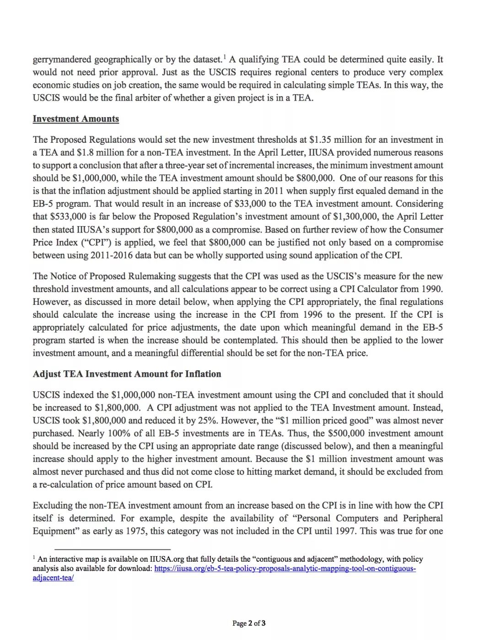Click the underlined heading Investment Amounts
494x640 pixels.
pyautogui.click(x=75, y=119)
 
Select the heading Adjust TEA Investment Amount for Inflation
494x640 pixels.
pyautogui.click(x=127, y=374)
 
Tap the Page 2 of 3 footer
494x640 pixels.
pyautogui.click(x=249, y=623)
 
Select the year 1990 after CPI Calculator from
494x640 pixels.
pyautogui.click(x=432, y=289)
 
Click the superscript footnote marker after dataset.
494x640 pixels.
pyautogui.click(x=224, y=57)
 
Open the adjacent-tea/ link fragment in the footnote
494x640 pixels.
pyautogui.click(x=53, y=578)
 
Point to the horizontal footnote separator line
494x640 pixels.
pyautogui.click(x=112, y=549)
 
